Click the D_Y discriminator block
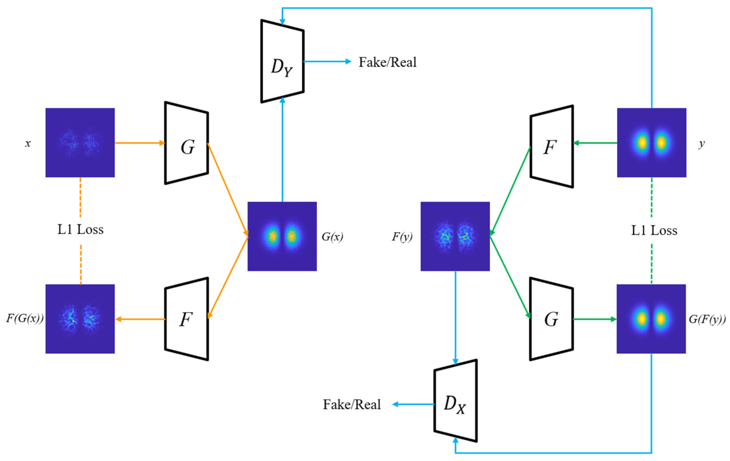[282, 62]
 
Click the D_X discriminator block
[455, 401]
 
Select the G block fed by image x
[186, 143]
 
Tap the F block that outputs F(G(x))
[186, 319]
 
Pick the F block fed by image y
[552, 147]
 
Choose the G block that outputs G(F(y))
[552, 319]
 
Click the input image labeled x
[80, 142]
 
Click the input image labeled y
[652, 142]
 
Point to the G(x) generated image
[282, 236]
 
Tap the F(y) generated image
[455, 236]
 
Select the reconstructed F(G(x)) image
[80, 319]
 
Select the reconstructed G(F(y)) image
[651, 319]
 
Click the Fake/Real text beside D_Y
[388, 62]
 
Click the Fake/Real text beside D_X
[352, 405]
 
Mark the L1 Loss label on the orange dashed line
[80, 230]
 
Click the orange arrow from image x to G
[140, 143]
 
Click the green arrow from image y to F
[595, 143]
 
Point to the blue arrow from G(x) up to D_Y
[282, 152]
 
